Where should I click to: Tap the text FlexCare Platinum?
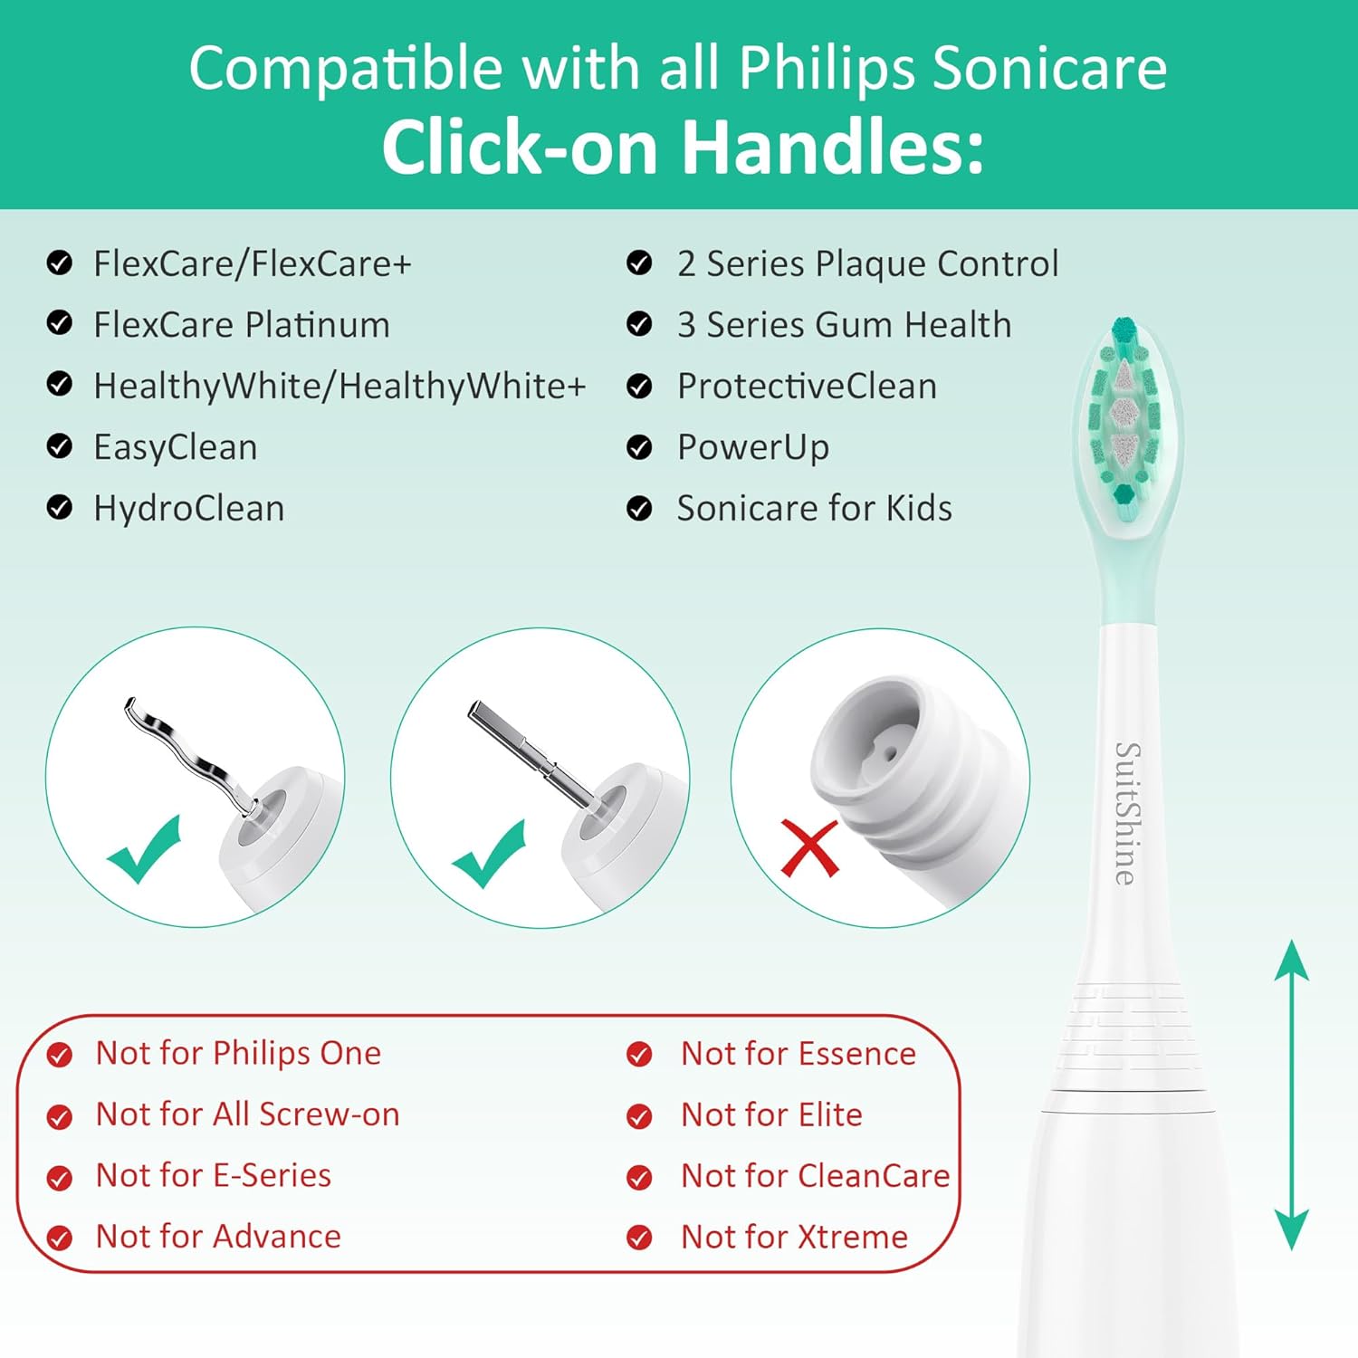click(242, 325)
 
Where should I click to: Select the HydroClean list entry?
click(189, 509)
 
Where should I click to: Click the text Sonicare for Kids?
click(814, 509)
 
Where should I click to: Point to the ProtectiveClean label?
click(807, 387)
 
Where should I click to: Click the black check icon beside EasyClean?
click(60, 447)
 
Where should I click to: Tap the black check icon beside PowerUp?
click(639, 447)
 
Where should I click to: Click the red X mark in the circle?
click(808, 847)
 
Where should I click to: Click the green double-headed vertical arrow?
click(1291, 1095)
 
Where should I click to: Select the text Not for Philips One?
click(238, 1054)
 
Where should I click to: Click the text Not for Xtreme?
click(794, 1237)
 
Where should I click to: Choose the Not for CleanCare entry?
click(815, 1176)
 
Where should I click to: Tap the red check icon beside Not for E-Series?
click(60, 1177)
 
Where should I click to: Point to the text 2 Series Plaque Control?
click(867, 264)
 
